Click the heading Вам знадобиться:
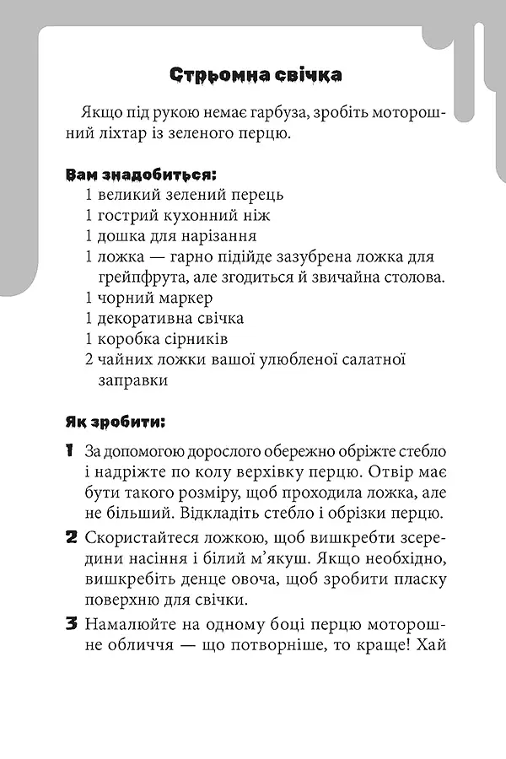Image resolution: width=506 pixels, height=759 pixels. point(141,175)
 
